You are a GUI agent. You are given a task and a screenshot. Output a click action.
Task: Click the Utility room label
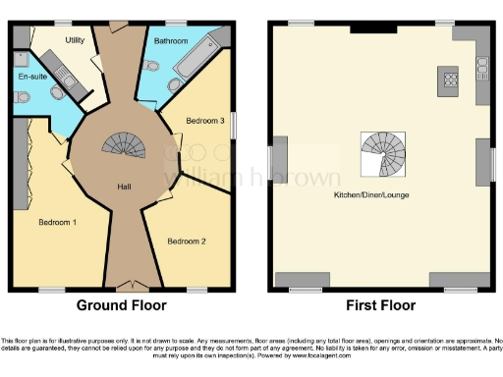[x=75, y=40]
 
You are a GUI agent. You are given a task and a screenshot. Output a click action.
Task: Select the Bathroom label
[x=171, y=41]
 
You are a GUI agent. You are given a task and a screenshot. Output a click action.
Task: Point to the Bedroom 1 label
[x=58, y=222]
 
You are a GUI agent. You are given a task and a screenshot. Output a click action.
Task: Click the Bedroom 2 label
[x=186, y=241]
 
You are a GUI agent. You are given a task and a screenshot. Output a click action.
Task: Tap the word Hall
[x=125, y=188]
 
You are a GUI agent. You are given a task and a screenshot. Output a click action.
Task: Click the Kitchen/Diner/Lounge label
[x=371, y=195]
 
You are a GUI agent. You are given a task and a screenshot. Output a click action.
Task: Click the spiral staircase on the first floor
[x=382, y=154]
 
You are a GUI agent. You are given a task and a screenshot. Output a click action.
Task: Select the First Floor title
[x=381, y=305]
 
